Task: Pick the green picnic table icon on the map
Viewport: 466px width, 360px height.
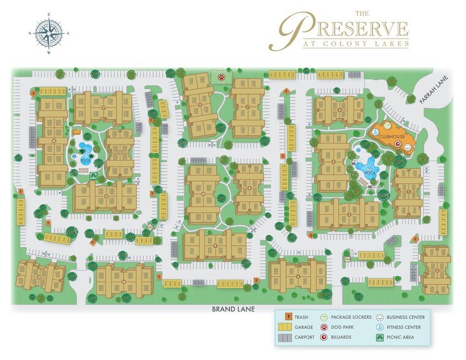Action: pos(93,176)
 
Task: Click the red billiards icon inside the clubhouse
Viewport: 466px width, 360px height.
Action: pos(398,145)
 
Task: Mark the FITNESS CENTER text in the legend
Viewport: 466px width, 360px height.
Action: pos(407,327)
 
